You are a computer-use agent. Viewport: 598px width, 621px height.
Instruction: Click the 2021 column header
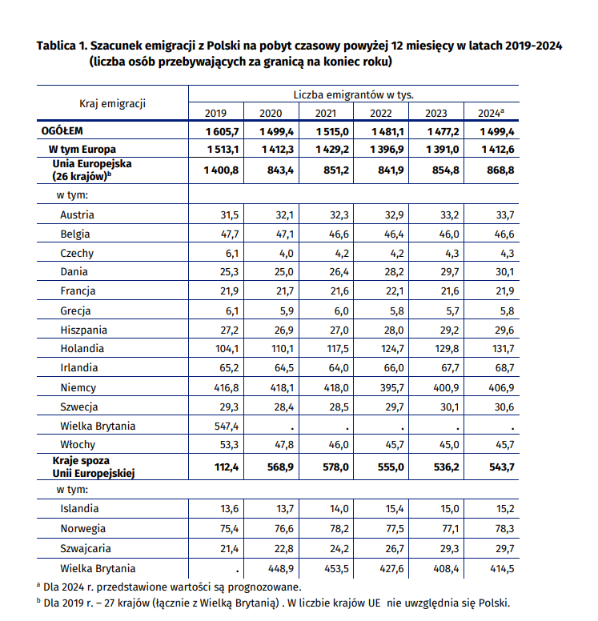(325, 113)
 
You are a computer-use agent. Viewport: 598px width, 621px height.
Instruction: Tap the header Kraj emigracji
(112, 103)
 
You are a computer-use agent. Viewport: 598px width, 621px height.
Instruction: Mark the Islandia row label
(79, 509)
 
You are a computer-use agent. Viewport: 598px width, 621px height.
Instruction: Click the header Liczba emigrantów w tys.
(353, 94)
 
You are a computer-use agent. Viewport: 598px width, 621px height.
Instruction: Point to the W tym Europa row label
(82, 149)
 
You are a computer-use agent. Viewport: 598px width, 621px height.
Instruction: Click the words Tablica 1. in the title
(62, 46)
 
